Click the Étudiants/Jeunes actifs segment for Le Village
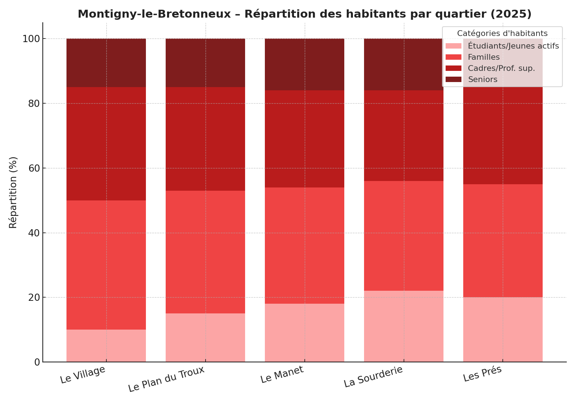pos(106,346)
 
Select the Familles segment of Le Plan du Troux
pos(205,252)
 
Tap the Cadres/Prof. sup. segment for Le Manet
pos(304,139)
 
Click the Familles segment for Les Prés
pos(503,241)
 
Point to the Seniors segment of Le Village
pos(106,63)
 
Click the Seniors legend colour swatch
pos(453,80)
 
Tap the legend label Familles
pos(483,57)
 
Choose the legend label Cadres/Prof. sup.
pos(501,68)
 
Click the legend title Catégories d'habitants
pos(502,33)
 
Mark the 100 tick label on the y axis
pos(32,39)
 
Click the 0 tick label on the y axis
pos(37,362)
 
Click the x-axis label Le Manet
pos(282,375)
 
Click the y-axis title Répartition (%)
pos(13,193)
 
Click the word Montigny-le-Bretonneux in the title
pos(154,14)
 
